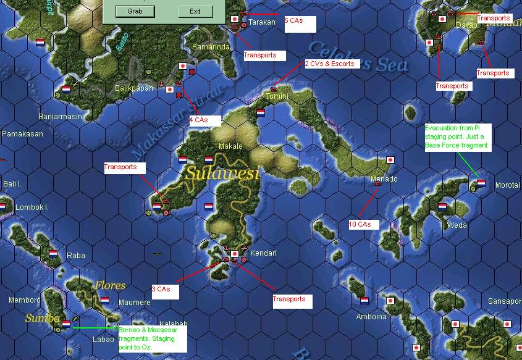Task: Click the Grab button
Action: click(136, 12)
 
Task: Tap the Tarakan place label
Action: click(261, 23)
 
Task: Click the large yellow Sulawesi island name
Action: click(221, 174)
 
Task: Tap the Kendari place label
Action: click(263, 253)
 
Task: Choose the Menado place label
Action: click(384, 179)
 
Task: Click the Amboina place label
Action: click(371, 317)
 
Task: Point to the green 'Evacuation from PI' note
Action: click(457, 136)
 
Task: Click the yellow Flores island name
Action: click(110, 286)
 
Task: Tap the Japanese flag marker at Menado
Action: click(390, 160)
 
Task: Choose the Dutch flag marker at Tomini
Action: click(261, 113)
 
